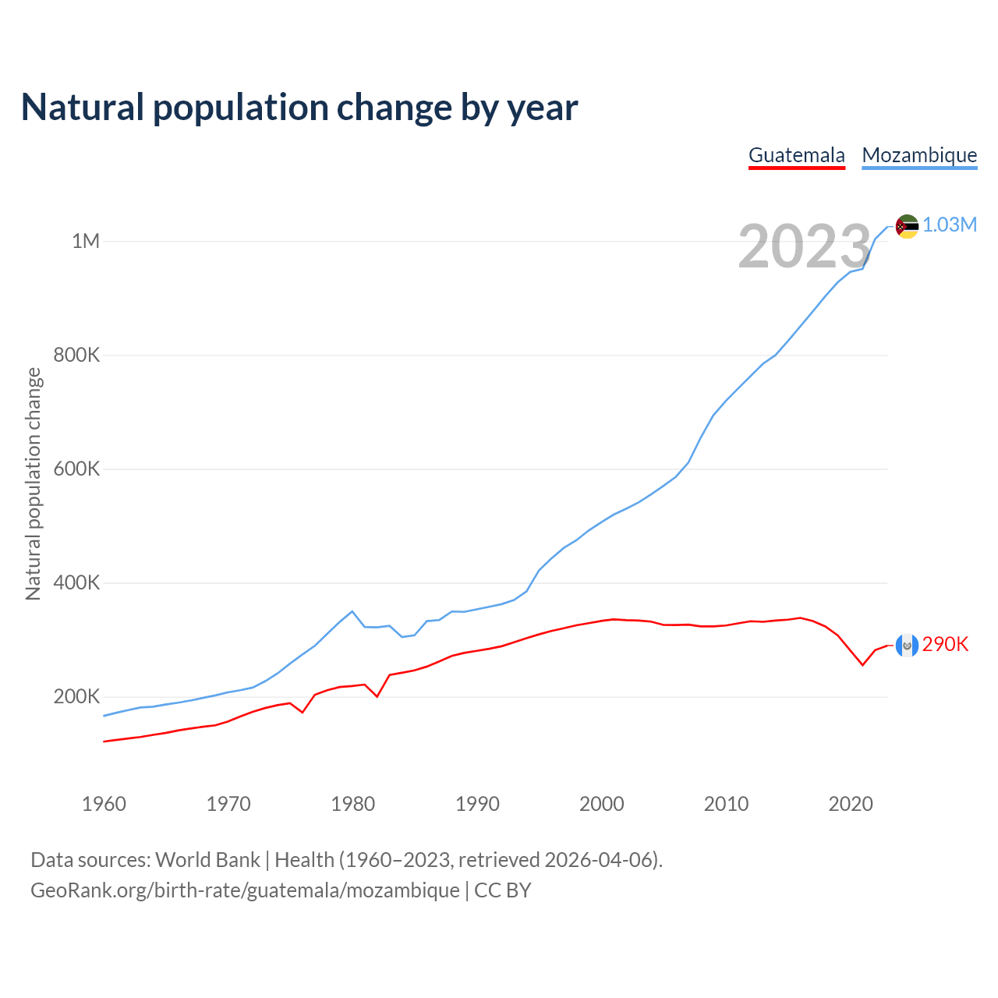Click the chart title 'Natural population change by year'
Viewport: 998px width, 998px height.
299,108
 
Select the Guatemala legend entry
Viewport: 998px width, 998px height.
796,155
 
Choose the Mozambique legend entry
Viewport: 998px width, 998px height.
919,155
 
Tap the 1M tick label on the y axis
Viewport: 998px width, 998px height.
86,241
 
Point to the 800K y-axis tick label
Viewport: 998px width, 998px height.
76,356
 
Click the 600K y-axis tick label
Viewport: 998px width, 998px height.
76,469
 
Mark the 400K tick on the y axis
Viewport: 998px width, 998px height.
76,583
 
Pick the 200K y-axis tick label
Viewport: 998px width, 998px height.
76,697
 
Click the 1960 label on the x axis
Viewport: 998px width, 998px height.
104,804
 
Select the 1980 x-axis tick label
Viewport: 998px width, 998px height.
353,804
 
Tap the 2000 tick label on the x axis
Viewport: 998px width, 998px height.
601,804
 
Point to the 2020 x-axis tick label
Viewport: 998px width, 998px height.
851,804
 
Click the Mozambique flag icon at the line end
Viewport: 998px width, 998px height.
907,226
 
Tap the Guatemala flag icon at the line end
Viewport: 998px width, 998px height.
907,645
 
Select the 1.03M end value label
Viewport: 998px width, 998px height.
950,225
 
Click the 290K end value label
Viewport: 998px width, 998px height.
945,644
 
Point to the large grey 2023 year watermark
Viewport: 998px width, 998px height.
804,246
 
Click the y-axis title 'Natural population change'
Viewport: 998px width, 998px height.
34,483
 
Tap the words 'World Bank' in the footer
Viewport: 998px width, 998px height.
207,860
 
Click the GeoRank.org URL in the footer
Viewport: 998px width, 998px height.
245,890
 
